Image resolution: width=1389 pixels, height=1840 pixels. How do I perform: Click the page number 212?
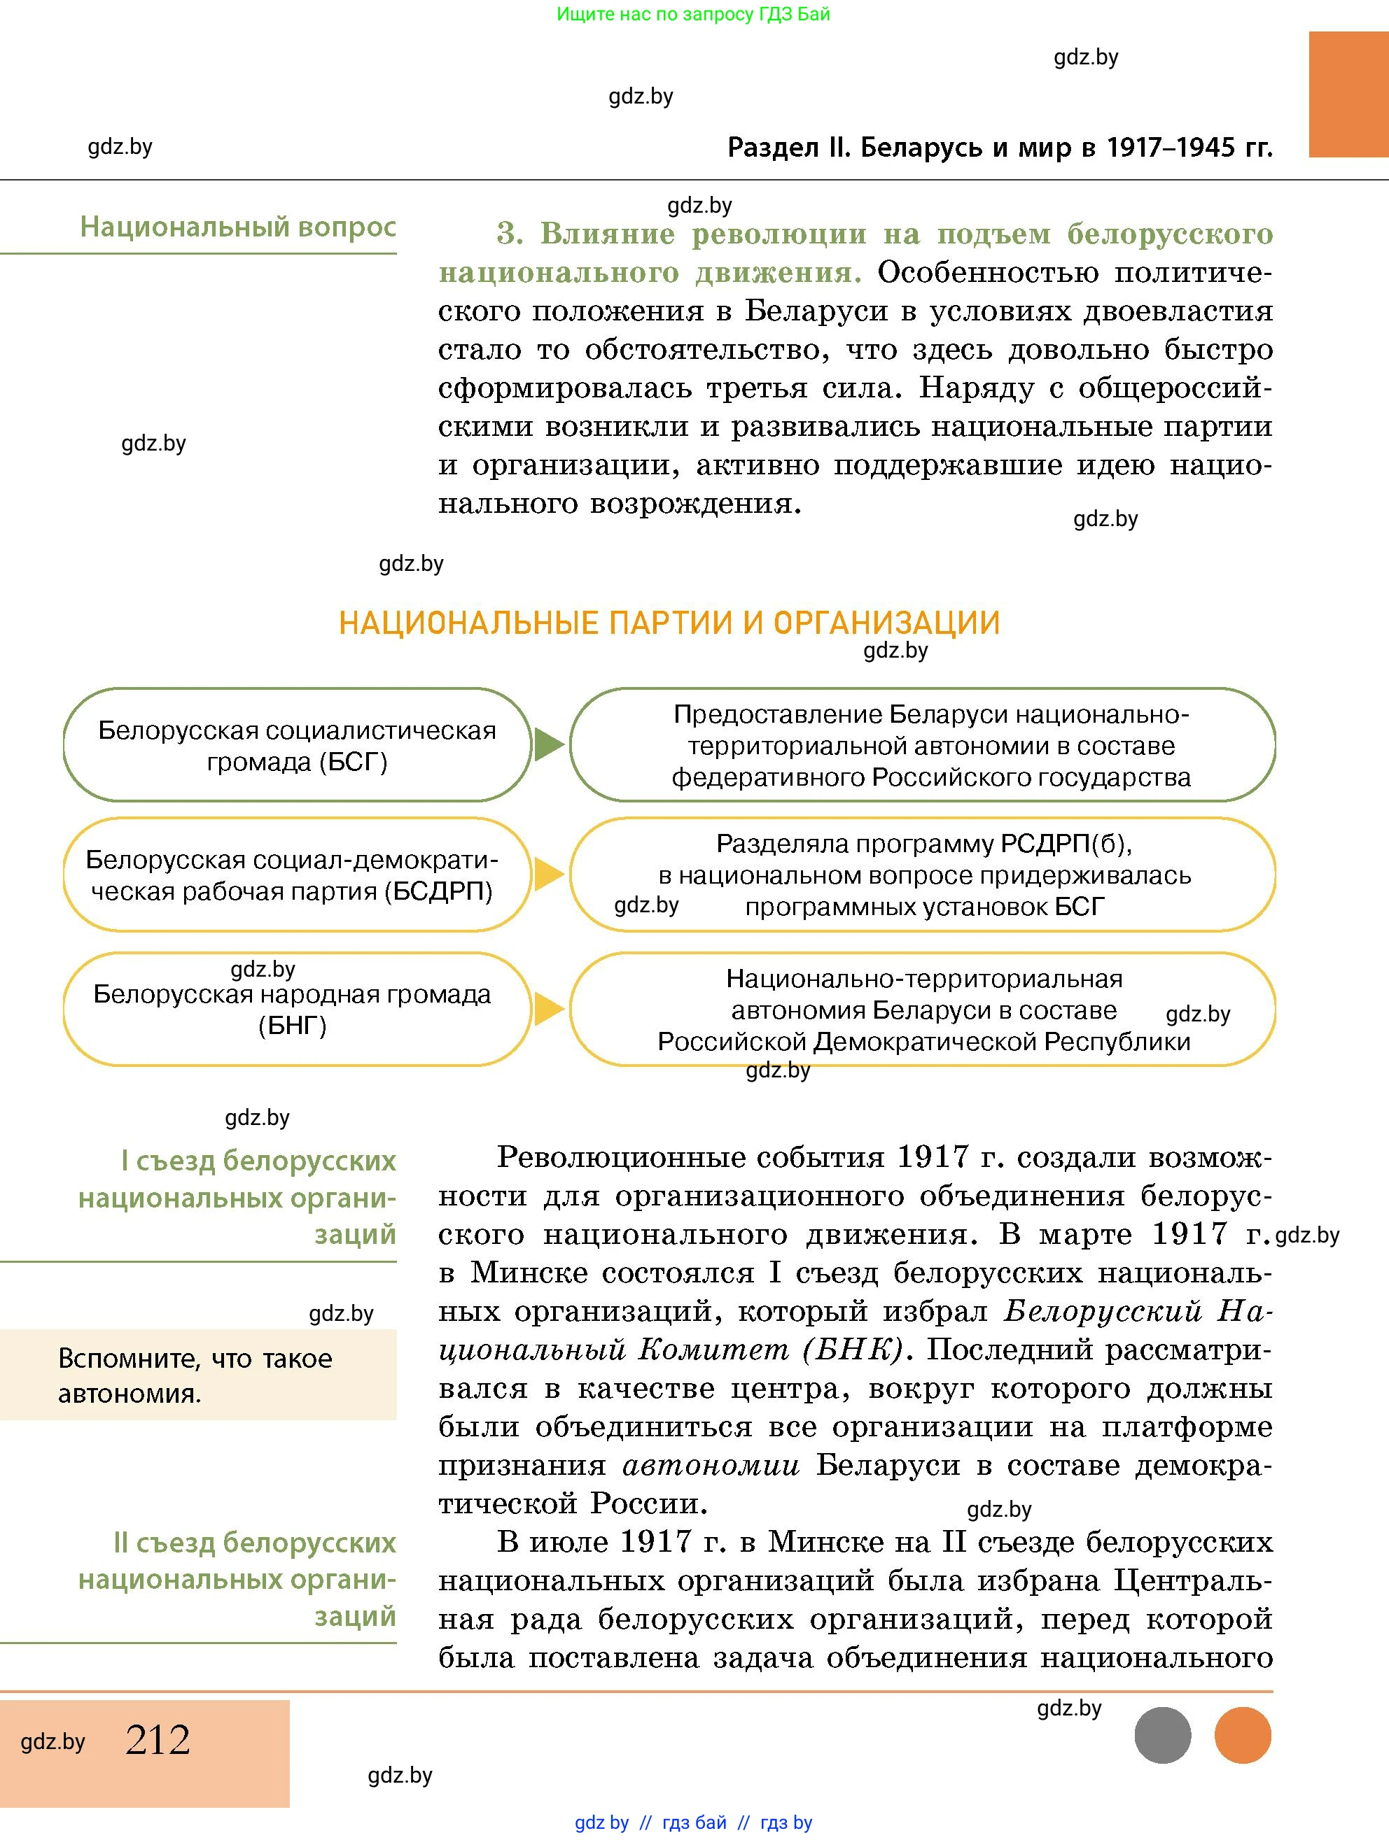[158, 1740]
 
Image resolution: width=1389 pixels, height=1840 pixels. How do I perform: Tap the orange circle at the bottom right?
[1243, 1735]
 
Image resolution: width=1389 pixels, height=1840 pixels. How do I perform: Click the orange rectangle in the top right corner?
[1348, 94]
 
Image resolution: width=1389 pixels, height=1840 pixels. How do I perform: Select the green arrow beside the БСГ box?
[547, 744]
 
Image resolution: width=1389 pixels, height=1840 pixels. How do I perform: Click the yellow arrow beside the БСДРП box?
[547, 875]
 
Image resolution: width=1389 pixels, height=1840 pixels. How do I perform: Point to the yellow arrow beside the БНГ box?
[547, 1009]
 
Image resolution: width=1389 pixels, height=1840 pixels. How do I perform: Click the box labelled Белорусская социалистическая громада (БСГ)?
[297, 745]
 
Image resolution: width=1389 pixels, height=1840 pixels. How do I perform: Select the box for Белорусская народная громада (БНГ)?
[297, 1009]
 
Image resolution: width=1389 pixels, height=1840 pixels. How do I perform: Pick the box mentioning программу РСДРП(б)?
[922, 875]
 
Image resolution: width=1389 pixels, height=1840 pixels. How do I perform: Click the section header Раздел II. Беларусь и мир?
[1000, 147]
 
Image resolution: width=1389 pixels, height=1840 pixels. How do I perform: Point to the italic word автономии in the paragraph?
[711, 1465]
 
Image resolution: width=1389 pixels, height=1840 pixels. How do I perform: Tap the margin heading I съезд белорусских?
[238, 1196]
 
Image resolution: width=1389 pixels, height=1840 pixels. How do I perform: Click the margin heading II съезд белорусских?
[238, 1579]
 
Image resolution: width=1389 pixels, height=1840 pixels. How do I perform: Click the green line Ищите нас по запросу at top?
[692, 14]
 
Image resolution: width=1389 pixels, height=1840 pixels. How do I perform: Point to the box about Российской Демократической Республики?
[922, 1009]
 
